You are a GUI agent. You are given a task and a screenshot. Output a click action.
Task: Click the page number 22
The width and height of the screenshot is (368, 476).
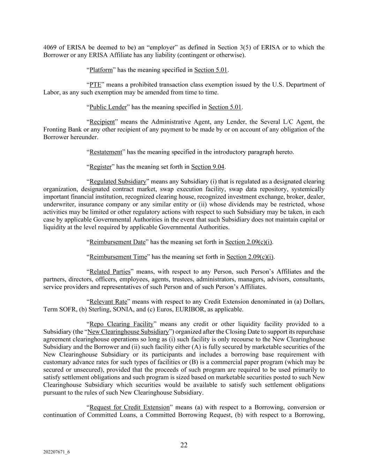pyautogui.click(x=184, y=445)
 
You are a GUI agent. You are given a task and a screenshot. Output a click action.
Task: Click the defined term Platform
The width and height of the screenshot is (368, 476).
pyautogui.click(x=101, y=70)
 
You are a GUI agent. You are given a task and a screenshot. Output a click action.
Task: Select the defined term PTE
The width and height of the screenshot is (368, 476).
pyautogui.click(x=95, y=85)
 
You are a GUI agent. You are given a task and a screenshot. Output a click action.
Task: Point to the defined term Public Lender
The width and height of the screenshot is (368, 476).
pyautogui.click(x=108, y=107)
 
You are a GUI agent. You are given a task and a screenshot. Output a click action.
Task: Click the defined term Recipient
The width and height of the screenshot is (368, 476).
pyautogui.click(x=102, y=122)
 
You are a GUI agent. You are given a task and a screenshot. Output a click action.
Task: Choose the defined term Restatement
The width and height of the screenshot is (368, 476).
pyautogui.click(x=106, y=152)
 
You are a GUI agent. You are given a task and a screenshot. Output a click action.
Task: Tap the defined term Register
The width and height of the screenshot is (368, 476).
pyautogui.click(x=100, y=167)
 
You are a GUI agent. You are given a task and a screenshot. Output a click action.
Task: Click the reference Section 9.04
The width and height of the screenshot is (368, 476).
pyautogui.click(x=208, y=167)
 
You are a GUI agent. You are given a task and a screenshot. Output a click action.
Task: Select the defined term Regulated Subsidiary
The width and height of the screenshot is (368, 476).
pyautogui.click(x=118, y=182)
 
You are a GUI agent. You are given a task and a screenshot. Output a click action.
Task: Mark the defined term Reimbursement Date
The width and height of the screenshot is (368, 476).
pyautogui.click(x=117, y=242)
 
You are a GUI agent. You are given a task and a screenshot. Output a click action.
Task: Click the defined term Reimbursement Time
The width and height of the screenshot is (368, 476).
pyautogui.click(x=118, y=257)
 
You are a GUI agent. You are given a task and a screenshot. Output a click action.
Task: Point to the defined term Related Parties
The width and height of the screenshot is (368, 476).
pyautogui.click(x=110, y=272)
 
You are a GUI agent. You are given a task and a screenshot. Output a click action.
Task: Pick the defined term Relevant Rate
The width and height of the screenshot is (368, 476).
pyautogui.click(x=108, y=302)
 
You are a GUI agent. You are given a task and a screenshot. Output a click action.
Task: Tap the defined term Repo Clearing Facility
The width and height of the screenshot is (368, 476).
pyautogui.click(x=121, y=324)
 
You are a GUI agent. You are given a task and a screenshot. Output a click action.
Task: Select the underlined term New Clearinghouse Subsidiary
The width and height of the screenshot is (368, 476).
pyautogui.click(x=128, y=332)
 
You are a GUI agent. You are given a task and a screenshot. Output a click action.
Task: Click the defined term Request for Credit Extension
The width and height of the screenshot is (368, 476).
pyautogui.click(x=129, y=407)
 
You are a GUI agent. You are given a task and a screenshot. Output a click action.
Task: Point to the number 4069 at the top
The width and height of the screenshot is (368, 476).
pyautogui.click(x=50, y=47)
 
